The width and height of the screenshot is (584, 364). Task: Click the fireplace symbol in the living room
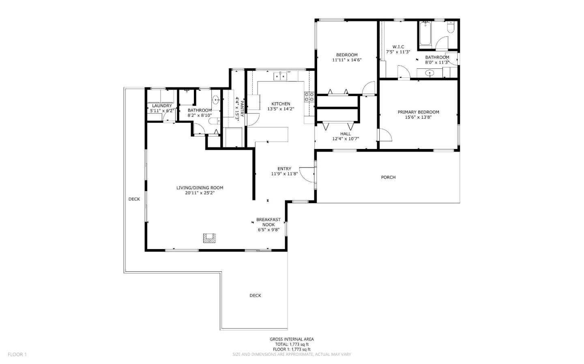click(210, 238)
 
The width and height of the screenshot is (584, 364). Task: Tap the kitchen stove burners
click(309, 96)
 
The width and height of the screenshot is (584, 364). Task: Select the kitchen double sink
click(280, 76)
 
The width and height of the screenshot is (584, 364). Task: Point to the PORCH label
click(388, 177)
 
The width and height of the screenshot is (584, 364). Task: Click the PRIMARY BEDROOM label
click(418, 112)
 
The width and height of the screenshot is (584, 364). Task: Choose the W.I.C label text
click(398, 47)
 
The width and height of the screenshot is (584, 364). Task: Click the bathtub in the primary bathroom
click(425, 33)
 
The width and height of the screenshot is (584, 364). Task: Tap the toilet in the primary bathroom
click(451, 28)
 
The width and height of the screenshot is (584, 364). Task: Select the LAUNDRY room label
click(162, 106)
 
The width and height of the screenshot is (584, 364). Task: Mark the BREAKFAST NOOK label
click(268, 222)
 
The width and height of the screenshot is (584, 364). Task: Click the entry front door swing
click(308, 174)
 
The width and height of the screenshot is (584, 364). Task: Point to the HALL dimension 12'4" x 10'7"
click(346, 139)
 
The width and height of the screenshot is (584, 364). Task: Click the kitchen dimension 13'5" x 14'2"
click(281, 109)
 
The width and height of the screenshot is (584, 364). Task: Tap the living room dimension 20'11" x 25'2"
click(200, 193)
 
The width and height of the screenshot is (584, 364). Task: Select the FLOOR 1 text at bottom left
click(17, 354)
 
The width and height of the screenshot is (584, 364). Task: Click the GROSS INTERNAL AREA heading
click(292, 339)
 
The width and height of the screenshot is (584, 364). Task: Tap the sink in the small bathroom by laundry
click(216, 99)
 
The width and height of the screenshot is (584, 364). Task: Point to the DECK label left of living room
click(134, 199)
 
